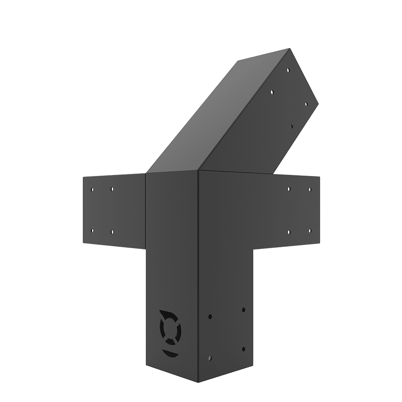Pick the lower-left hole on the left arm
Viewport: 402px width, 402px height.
pos(93,230)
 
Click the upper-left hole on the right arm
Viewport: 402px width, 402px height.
pos(289,188)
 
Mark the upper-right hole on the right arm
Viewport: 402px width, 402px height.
pos(310,189)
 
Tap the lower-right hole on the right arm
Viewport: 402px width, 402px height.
pos(310,231)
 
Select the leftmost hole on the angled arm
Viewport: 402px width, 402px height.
pos(272,92)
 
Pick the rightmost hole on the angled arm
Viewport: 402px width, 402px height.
pos(306,104)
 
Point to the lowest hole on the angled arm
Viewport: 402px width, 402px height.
pos(291,126)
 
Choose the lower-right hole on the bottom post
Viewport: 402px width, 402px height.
pos(243,348)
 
